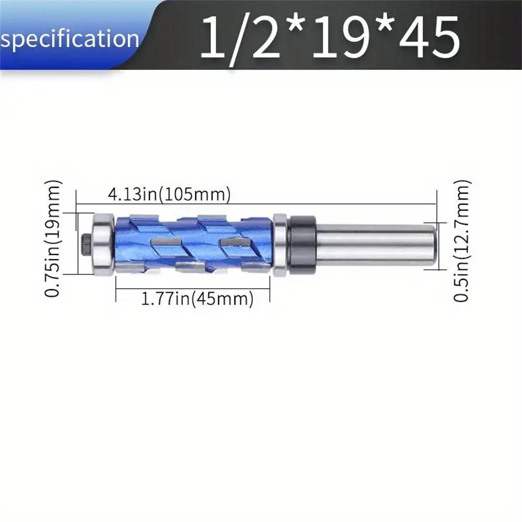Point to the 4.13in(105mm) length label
169,195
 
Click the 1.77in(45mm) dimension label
197,300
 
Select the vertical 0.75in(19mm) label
53,239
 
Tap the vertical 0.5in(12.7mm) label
462,241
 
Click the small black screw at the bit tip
86,244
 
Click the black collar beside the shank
302,244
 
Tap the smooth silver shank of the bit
373,244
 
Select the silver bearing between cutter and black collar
280,244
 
